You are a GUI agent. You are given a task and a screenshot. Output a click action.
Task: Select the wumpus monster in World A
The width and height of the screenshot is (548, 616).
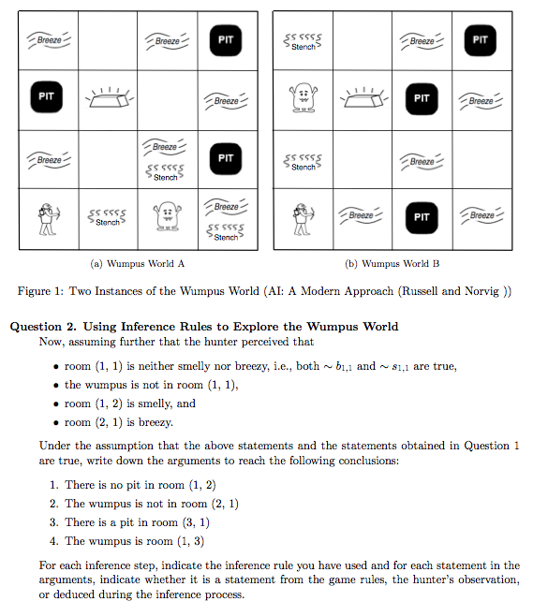pos(166,217)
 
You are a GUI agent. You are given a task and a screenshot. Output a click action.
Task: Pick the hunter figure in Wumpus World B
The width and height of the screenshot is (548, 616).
pos(302,219)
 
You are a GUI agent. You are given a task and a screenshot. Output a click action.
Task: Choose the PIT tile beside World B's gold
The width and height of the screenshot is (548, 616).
pos(422,97)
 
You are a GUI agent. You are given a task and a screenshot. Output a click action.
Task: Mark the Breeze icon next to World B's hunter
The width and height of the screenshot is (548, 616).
pos(362,216)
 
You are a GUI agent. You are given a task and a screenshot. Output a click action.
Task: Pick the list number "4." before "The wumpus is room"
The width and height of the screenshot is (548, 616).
pos(54,541)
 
